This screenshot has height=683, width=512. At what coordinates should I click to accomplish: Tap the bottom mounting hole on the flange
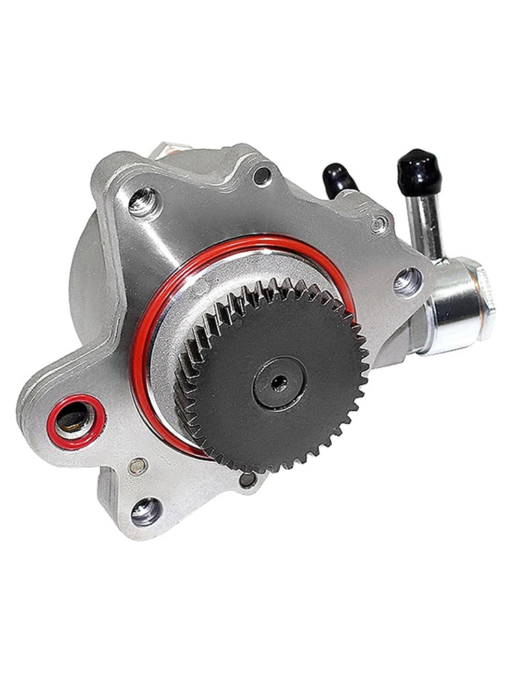tap(146, 510)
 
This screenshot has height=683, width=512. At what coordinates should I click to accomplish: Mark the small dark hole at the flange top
tap(262, 176)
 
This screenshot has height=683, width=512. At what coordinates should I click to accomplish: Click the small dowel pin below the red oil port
tap(137, 467)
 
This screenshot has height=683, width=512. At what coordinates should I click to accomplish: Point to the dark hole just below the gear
tap(247, 479)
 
